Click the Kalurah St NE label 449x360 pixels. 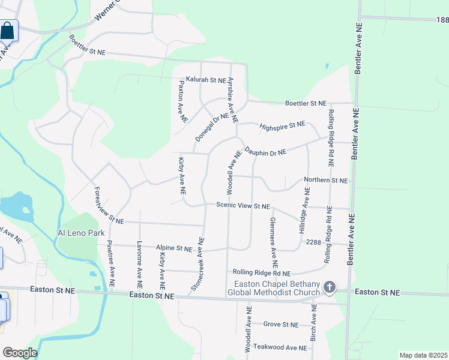point(206,79)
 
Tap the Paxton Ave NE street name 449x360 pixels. point(181,101)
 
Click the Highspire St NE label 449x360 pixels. point(282,126)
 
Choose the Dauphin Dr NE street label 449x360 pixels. point(265,152)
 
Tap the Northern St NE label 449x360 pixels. point(326,180)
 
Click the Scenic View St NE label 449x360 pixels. point(243,206)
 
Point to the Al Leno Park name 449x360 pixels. point(82,233)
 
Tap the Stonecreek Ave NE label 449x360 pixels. point(198,264)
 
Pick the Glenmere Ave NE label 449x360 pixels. point(273,242)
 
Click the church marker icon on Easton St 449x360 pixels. point(329,287)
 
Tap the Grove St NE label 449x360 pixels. point(280,325)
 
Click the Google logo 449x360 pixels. point(19,353)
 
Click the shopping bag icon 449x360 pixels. point(7,30)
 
